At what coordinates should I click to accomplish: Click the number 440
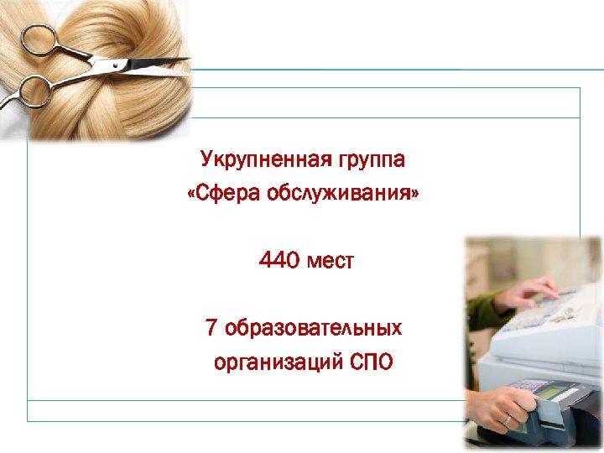279,262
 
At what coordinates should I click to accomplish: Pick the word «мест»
331,262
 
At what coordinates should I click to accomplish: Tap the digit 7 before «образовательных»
211,327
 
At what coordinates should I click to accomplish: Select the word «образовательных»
313,327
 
